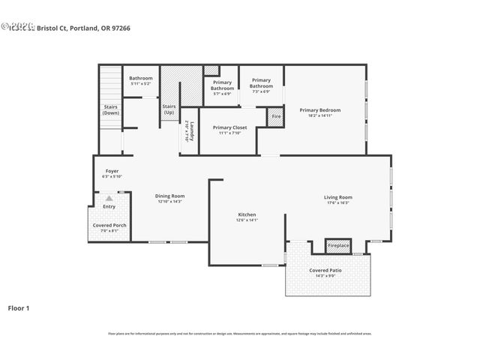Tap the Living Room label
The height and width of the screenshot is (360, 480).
point(338,197)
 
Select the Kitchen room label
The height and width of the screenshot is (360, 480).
point(247,214)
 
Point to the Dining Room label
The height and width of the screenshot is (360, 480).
point(169,196)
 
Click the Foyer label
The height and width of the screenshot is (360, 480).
point(111,171)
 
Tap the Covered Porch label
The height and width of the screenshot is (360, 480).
point(109,225)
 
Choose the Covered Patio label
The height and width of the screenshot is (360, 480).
point(328,270)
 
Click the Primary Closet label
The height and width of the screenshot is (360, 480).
point(229,127)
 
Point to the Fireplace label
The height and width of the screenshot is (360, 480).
point(338,245)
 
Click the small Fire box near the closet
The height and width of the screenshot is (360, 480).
point(276,117)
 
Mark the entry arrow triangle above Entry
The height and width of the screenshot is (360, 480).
point(109,198)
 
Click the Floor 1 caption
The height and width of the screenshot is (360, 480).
point(19,307)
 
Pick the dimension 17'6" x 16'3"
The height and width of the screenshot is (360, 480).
point(338,202)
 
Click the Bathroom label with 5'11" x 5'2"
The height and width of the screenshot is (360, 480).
point(140,78)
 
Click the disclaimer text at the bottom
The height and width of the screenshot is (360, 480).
point(240,333)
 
